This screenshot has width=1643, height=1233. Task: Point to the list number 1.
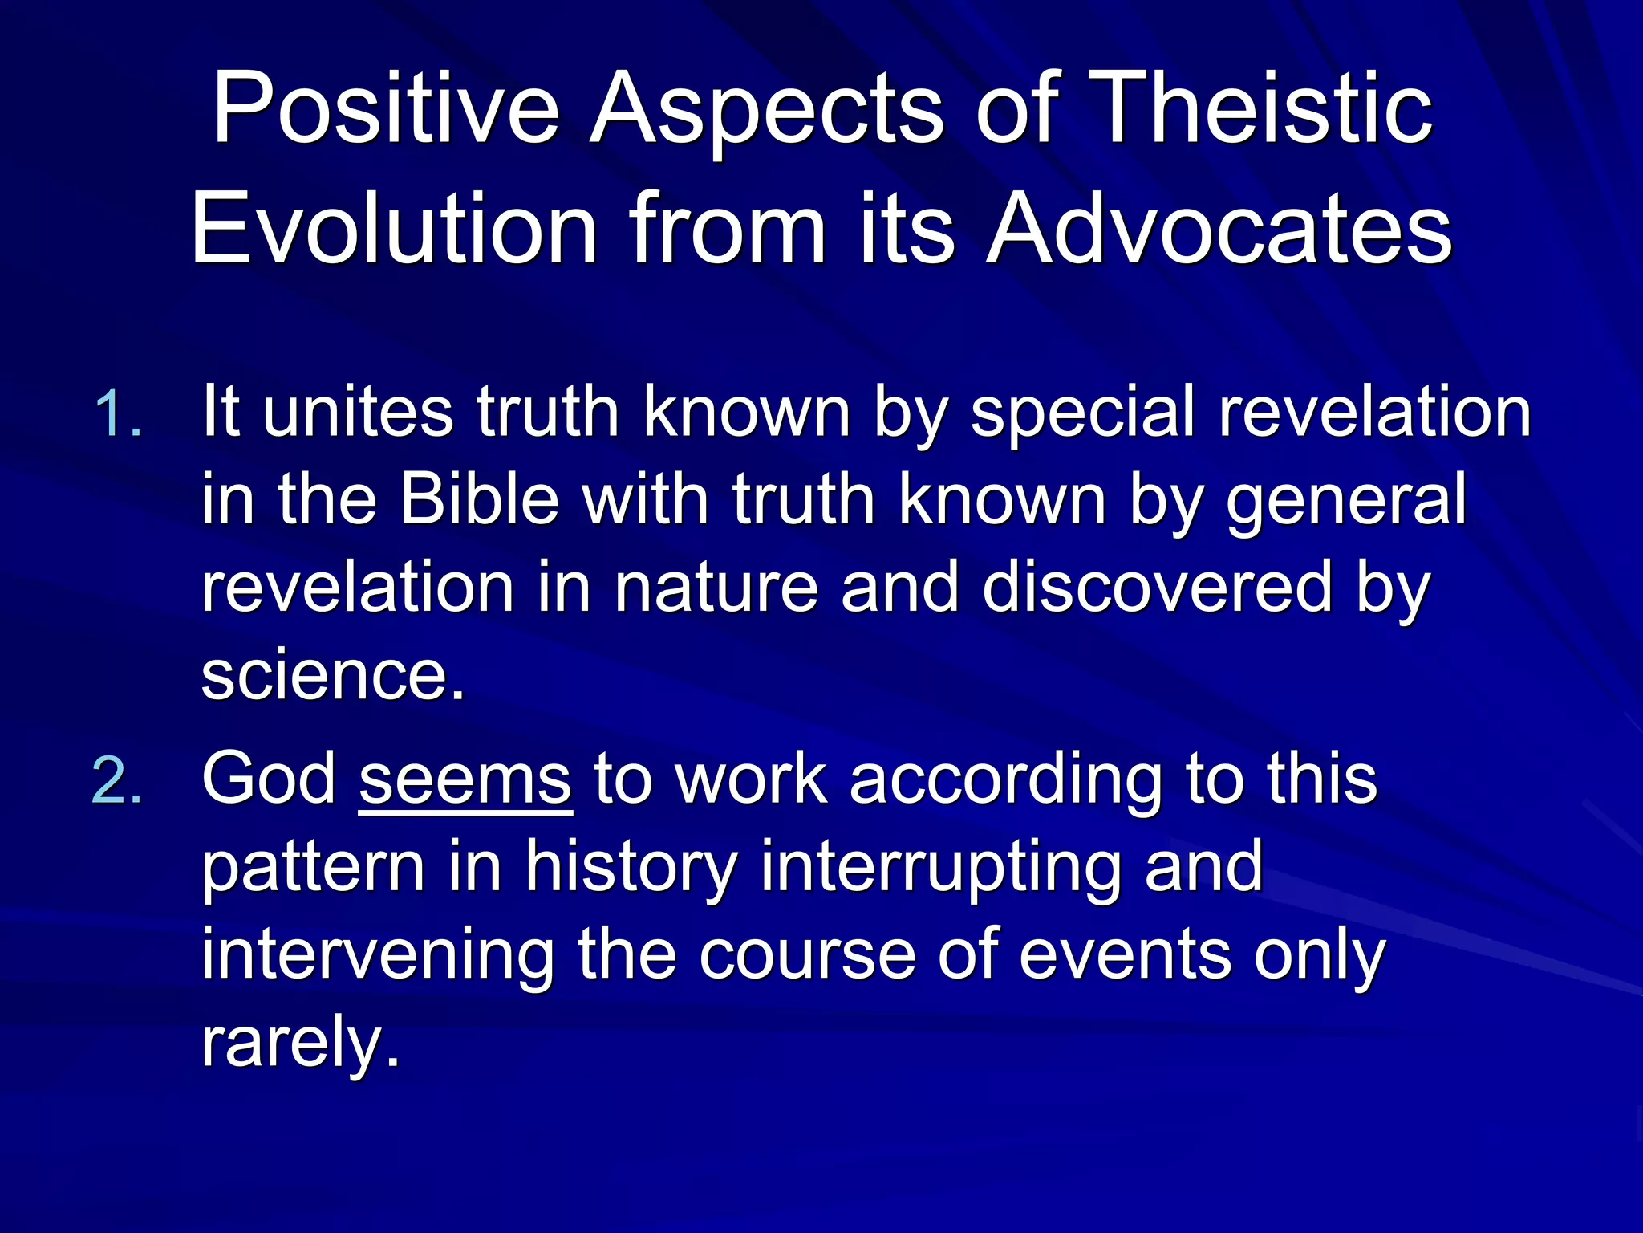coord(117,415)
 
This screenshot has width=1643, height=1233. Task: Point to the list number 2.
coord(117,780)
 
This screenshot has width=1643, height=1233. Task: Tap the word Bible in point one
coord(479,499)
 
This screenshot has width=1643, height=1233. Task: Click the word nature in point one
coord(716,588)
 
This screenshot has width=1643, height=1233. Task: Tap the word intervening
coord(377,955)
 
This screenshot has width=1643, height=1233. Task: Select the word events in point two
coord(1124,955)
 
